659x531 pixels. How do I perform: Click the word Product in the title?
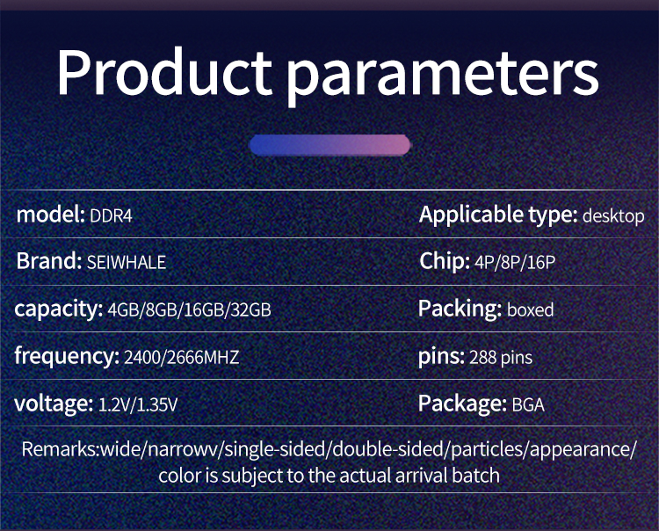pyautogui.click(x=165, y=72)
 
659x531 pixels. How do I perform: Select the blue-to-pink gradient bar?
pyautogui.click(x=329, y=145)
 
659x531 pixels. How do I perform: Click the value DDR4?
pyautogui.click(x=111, y=216)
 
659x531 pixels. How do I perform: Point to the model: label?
pyautogui.click(x=50, y=215)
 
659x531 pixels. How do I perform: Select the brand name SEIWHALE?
pyautogui.click(x=126, y=262)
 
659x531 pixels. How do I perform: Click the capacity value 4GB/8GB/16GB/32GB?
pyautogui.click(x=189, y=309)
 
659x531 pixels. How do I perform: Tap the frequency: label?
pyautogui.click(x=67, y=357)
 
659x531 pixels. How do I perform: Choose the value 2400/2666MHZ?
pyautogui.click(x=182, y=357)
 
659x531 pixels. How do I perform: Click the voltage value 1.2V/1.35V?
pyautogui.click(x=138, y=404)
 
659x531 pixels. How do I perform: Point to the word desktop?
pyautogui.click(x=613, y=215)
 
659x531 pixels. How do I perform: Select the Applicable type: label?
pyautogui.click(x=498, y=215)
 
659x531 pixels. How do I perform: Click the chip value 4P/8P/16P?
pyautogui.click(x=515, y=262)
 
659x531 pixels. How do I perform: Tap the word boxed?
pyautogui.click(x=531, y=309)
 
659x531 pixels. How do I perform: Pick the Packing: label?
pyautogui.click(x=460, y=309)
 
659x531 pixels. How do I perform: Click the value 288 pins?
pyautogui.click(x=501, y=357)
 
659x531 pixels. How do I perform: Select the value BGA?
pyautogui.click(x=528, y=405)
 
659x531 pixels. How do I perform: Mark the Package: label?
pyautogui.click(x=462, y=404)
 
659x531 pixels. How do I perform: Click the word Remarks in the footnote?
pyautogui.click(x=59, y=449)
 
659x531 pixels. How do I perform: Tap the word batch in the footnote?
pyautogui.click(x=475, y=476)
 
